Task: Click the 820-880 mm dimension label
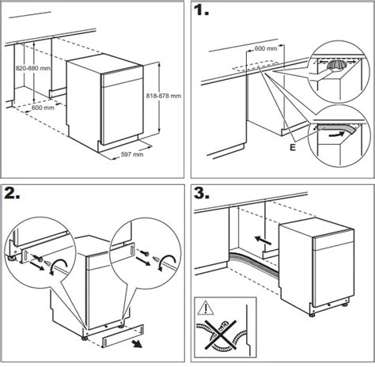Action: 32,68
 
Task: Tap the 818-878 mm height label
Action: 164,96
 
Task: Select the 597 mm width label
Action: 132,154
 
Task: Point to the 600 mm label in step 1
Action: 266,48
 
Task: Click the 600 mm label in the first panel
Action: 43,108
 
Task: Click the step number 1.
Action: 201,9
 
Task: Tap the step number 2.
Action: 12,193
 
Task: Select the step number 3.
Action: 202,193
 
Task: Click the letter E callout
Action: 293,148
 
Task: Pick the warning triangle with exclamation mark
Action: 206,308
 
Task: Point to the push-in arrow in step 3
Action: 263,240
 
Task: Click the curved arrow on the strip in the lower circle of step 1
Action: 337,134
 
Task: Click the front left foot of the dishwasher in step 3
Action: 312,314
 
